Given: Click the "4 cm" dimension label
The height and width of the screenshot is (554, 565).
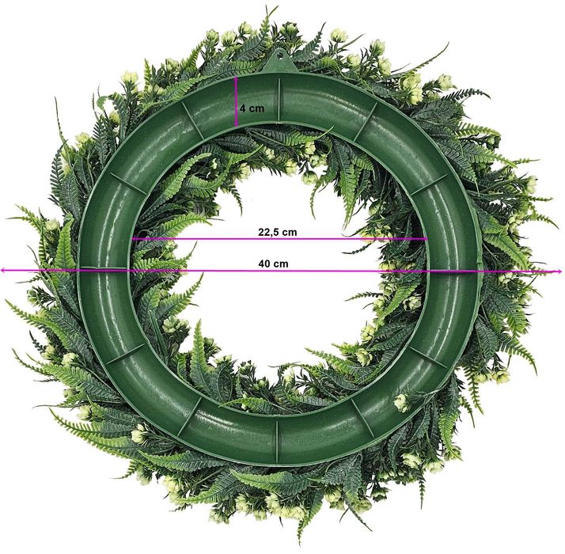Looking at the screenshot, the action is click(252, 108).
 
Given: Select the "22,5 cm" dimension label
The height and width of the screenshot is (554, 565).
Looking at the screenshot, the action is click(278, 232).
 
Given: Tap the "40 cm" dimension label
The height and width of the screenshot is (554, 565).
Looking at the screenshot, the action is click(273, 264).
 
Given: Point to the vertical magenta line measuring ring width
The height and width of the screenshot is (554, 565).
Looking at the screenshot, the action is click(237, 101).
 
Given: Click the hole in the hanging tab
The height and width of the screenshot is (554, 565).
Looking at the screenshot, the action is click(279, 56).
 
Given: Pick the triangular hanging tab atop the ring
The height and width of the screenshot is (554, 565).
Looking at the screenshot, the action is click(279, 61).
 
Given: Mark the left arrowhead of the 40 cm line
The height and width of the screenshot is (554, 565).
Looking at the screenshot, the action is click(2, 271).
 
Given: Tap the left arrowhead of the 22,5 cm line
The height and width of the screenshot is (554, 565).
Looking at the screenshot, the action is click(134, 238).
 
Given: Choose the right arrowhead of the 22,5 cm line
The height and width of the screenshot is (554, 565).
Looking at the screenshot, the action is click(425, 238).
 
